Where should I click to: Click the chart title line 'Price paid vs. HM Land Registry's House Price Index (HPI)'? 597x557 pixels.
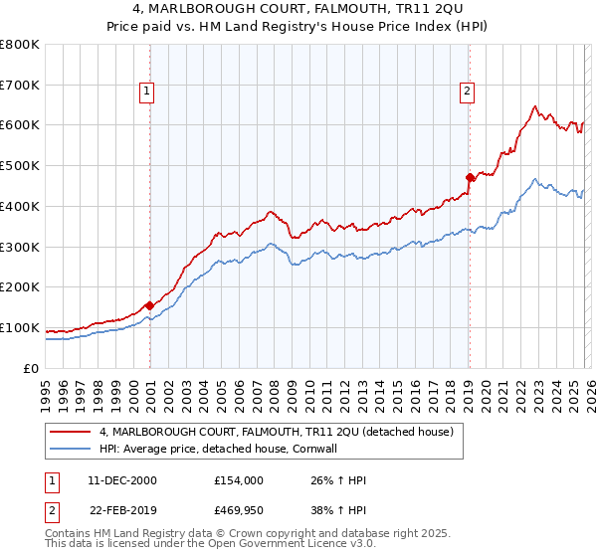pyautogui.click(x=298, y=28)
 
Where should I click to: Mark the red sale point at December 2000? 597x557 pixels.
pyautogui.click(x=149, y=305)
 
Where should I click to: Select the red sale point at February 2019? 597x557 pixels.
pyautogui.click(x=469, y=178)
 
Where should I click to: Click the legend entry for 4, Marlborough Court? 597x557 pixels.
pyautogui.click(x=277, y=432)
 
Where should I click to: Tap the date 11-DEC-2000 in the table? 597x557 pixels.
pyautogui.click(x=122, y=480)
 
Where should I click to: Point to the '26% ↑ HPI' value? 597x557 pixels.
pyautogui.click(x=339, y=480)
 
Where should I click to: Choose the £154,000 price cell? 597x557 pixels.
pyautogui.click(x=239, y=480)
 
